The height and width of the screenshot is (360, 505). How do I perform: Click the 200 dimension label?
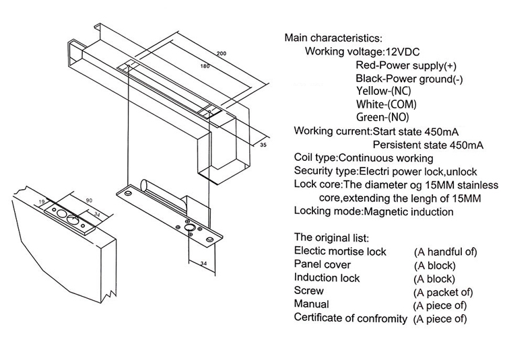point(222,53)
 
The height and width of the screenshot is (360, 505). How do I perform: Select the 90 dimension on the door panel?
point(88,200)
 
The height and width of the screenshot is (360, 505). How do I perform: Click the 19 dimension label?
point(42,201)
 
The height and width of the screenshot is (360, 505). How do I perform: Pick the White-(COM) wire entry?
point(386,104)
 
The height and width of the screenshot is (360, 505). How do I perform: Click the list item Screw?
point(309,291)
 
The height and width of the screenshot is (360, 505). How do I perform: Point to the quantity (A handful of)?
point(444,252)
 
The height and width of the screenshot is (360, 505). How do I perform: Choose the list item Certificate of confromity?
point(350,318)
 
